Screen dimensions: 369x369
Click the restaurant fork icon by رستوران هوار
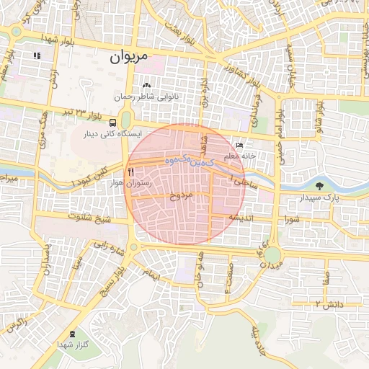pyautogui.click(x=130, y=172)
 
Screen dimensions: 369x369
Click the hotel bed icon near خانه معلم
pyautogui.click(x=239, y=145)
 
